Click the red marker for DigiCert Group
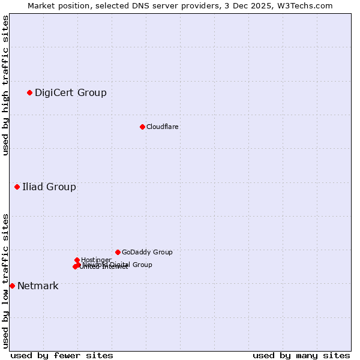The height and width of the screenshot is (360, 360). tap(29, 92)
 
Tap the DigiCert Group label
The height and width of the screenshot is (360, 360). tap(71, 92)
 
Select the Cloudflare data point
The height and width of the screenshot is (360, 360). tap(142, 127)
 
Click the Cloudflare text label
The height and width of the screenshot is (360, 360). tap(163, 127)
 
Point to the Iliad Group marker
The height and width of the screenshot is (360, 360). tap(17, 187)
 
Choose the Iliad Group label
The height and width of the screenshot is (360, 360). tap(49, 187)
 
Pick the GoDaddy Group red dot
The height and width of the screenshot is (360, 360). tap(118, 252)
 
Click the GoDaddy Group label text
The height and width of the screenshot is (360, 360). tap(147, 252)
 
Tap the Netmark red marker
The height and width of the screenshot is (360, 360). tap(12, 286)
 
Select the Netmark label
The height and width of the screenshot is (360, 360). tap(38, 286)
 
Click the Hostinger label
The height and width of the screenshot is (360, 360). tap(96, 260)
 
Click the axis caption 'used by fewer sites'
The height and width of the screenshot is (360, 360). tap(62, 355)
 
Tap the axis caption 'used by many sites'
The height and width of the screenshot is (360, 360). tap(301, 355)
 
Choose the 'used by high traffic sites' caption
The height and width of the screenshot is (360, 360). tap(5, 85)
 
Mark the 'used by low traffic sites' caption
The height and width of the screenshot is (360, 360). tap(5, 281)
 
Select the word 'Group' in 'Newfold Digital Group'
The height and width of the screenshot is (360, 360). tap(142, 265)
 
